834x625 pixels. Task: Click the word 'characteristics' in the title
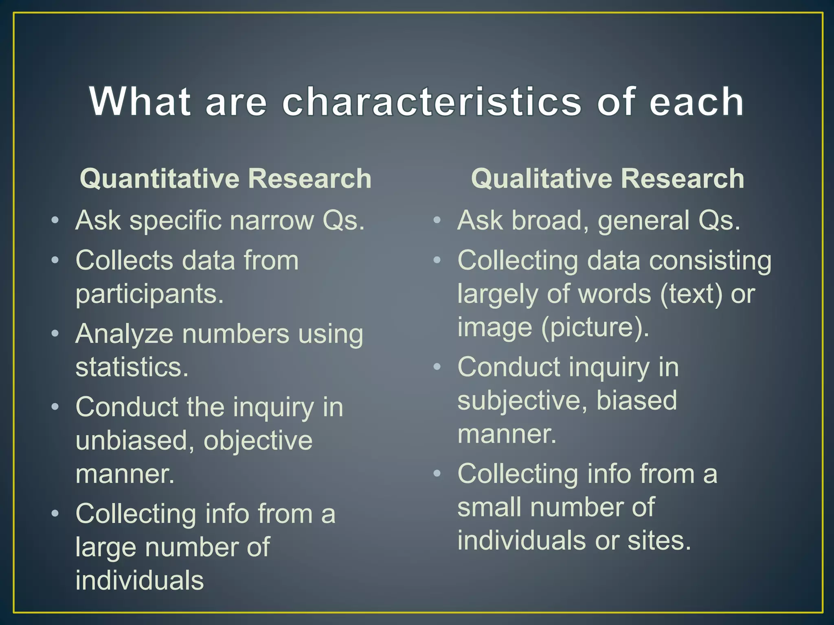432,102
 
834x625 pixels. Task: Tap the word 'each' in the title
697,102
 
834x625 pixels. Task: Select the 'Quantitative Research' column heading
226,179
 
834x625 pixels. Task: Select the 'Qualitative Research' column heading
608,179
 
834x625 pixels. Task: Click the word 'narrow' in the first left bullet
272,221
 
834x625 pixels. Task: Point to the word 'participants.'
149,294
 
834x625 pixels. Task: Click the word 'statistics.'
132,367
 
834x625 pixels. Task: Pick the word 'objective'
258,441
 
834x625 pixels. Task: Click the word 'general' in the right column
643,221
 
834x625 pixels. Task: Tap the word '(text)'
691,294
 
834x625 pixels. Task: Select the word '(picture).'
595,327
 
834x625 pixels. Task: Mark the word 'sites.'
659,541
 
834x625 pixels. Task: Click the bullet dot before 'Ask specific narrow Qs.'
55,221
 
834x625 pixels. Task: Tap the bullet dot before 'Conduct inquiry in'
437,367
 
